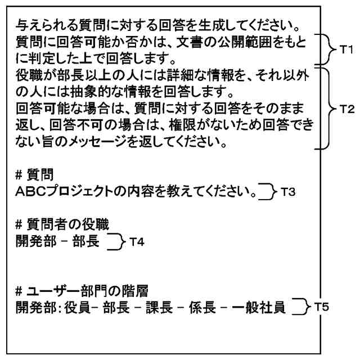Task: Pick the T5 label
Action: click(x=322, y=307)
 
